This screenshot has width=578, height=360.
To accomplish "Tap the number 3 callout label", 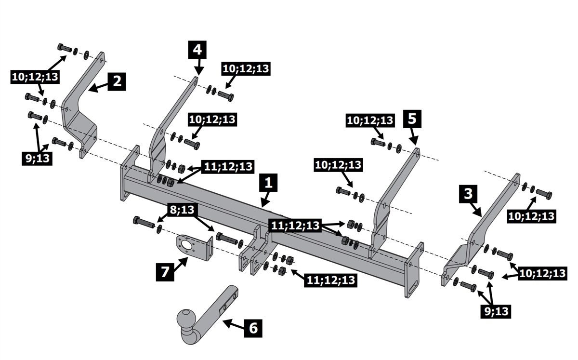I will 468,195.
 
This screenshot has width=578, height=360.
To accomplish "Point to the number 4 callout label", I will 197,50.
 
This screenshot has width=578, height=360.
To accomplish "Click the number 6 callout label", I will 253,328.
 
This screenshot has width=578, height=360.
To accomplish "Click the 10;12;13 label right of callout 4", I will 246,68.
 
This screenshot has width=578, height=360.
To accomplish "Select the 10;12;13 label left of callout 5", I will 370,120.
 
